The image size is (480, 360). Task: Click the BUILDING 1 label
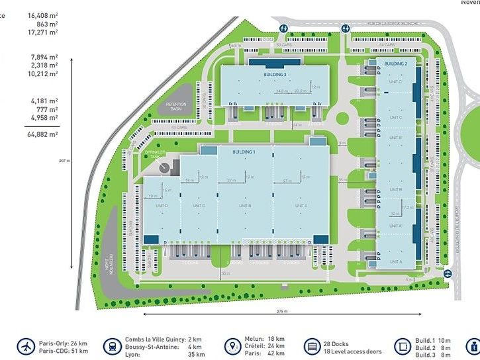pyautogui.click(x=244, y=152)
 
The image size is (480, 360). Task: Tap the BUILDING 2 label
pyautogui.click(x=396, y=63)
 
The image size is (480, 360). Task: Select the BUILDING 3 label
pyautogui.click(x=274, y=75)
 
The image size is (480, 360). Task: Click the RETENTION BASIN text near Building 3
pyautogui.click(x=177, y=106)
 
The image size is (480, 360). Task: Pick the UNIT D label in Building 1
pyautogui.click(x=162, y=206)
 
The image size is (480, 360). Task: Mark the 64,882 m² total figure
pyautogui.click(x=43, y=134)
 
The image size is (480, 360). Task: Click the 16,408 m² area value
pyautogui.click(x=42, y=15)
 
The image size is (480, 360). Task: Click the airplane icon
pyautogui.click(x=26, y=345)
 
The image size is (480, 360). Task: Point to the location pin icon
pyautogui.click(x=232, y=346)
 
